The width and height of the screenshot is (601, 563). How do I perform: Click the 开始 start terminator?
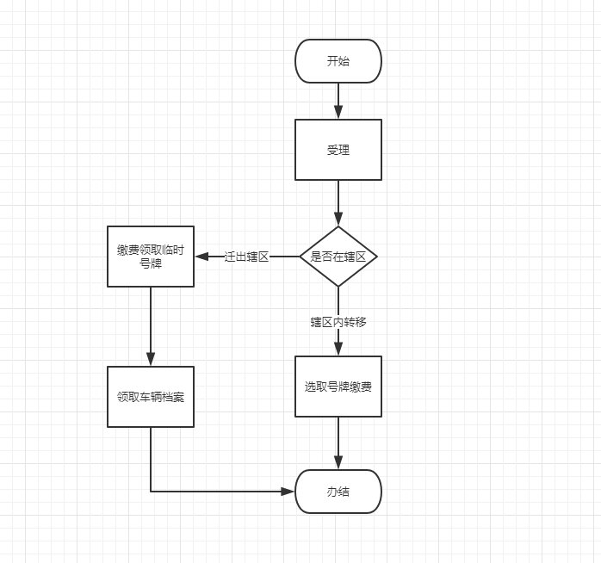[338, 61]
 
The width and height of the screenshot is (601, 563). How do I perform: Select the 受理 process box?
[338, 150]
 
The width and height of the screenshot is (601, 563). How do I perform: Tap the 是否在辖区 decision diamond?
[338, 257]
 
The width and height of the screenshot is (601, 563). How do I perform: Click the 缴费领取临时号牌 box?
[151, 257]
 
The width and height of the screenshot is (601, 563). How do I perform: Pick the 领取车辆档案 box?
[151, 397]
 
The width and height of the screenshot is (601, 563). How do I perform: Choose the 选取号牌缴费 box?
[338, 387]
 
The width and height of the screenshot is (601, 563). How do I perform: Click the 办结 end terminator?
[338, 492]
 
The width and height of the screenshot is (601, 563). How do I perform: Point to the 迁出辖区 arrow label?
[247, 257]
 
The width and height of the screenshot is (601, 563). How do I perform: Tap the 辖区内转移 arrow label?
[338, 322]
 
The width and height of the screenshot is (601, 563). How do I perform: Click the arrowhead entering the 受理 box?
[338, 113]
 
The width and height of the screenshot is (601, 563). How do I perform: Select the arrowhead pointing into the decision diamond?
[338, 220]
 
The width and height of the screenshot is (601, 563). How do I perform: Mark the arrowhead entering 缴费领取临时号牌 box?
[201, 257]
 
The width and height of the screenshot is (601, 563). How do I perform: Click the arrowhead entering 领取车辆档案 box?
[151, 360]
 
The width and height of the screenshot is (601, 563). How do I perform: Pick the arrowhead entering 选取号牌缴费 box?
[338, 350]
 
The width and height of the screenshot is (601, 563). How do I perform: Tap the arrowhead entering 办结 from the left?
[288, 492]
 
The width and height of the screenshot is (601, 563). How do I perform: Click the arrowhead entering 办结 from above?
[338, 463]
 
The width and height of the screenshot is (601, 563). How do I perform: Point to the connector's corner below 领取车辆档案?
[151, 492]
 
